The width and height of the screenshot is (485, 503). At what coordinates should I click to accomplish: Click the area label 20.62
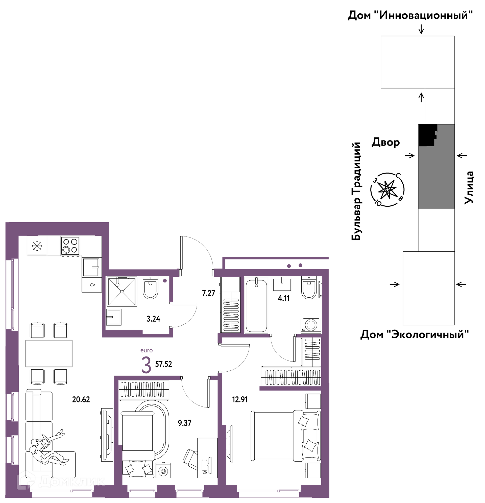pos(81,399)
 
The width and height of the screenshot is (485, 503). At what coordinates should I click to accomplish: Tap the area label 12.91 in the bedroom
pos(240,399)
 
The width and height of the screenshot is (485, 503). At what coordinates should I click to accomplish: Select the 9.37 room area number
pos(184,423)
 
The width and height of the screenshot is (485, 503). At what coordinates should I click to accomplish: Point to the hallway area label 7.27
pos(208,293)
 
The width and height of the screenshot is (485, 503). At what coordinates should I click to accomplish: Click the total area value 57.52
pos(163,364)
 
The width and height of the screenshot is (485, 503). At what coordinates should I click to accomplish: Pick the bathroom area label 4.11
pos(284,298)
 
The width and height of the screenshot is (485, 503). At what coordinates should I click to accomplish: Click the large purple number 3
pos(146,366)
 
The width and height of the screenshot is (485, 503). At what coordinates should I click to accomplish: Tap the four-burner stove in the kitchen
pos(70,246)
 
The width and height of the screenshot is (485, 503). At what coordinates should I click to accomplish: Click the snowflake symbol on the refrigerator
pos(37,246)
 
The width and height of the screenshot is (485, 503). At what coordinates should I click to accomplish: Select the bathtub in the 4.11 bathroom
pos(256,305)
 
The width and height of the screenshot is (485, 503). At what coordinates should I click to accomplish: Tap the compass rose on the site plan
pos(387,189)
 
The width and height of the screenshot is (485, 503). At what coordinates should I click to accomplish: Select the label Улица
pos(469,188)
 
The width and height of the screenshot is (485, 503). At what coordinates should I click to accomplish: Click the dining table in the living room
pos(49,353)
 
